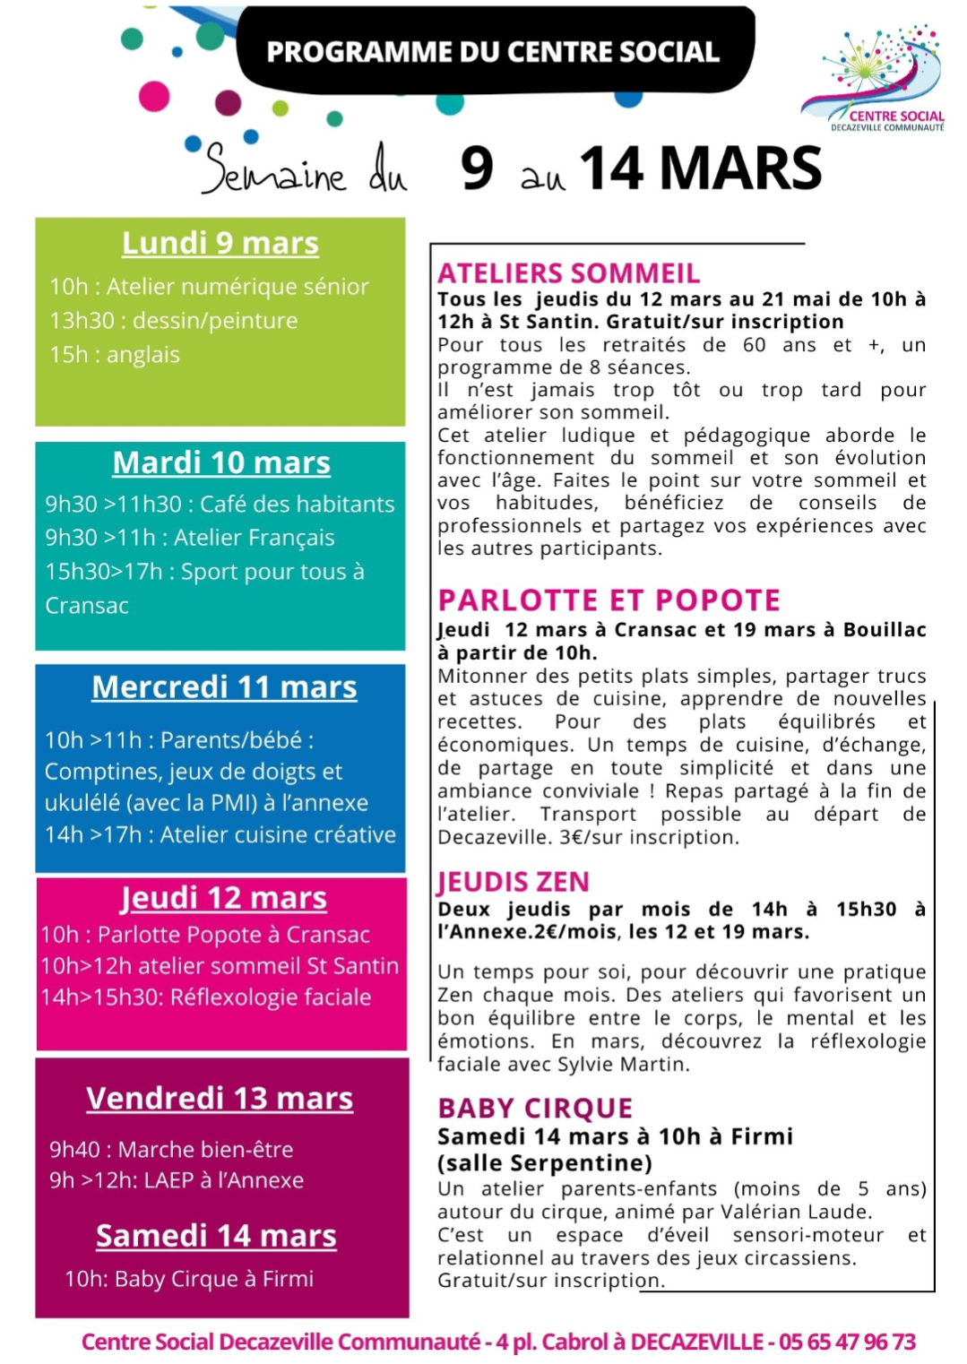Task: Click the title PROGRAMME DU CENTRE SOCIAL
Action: pyautogui.click(x=493, y=52)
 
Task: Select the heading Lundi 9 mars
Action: pyautogui.click(x=220, y=243)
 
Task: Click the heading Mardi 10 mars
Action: pyautogui.click(x=221, y=462)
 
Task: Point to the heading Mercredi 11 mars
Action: pyautogui.click(x=224, y=686)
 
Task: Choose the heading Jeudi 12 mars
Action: pyautogui.click(x=223, y=897)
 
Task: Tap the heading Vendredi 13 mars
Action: pyautogui.click(x=220, y=1098)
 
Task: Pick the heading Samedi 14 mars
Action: pyautogui.click(x=216, y=1235)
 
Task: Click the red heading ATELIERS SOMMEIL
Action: pyautogui.click(x=569, y=272)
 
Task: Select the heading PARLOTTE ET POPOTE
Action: pyautogui.click(x=609, y=600)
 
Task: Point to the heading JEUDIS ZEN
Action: pyautogui.click(x=514, y=882)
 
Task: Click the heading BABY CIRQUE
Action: pyautogui.click(x=535, y=1109)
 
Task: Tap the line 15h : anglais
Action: pyautogui.click(x=115, y=355)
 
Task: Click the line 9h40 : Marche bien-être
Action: pyautogui.click(x=171, y=1149)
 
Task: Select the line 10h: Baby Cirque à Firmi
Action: pyautogui.click(x=189, y=1278)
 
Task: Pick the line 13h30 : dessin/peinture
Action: pyautogui.click(x=174, y=321)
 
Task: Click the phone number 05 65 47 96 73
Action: pyautogui.click(x=847, y=1342)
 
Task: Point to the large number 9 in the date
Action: pyautogui.click(x=477, y=168)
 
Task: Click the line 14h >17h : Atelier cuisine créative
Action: pyautogui.click(x=220, y=834)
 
